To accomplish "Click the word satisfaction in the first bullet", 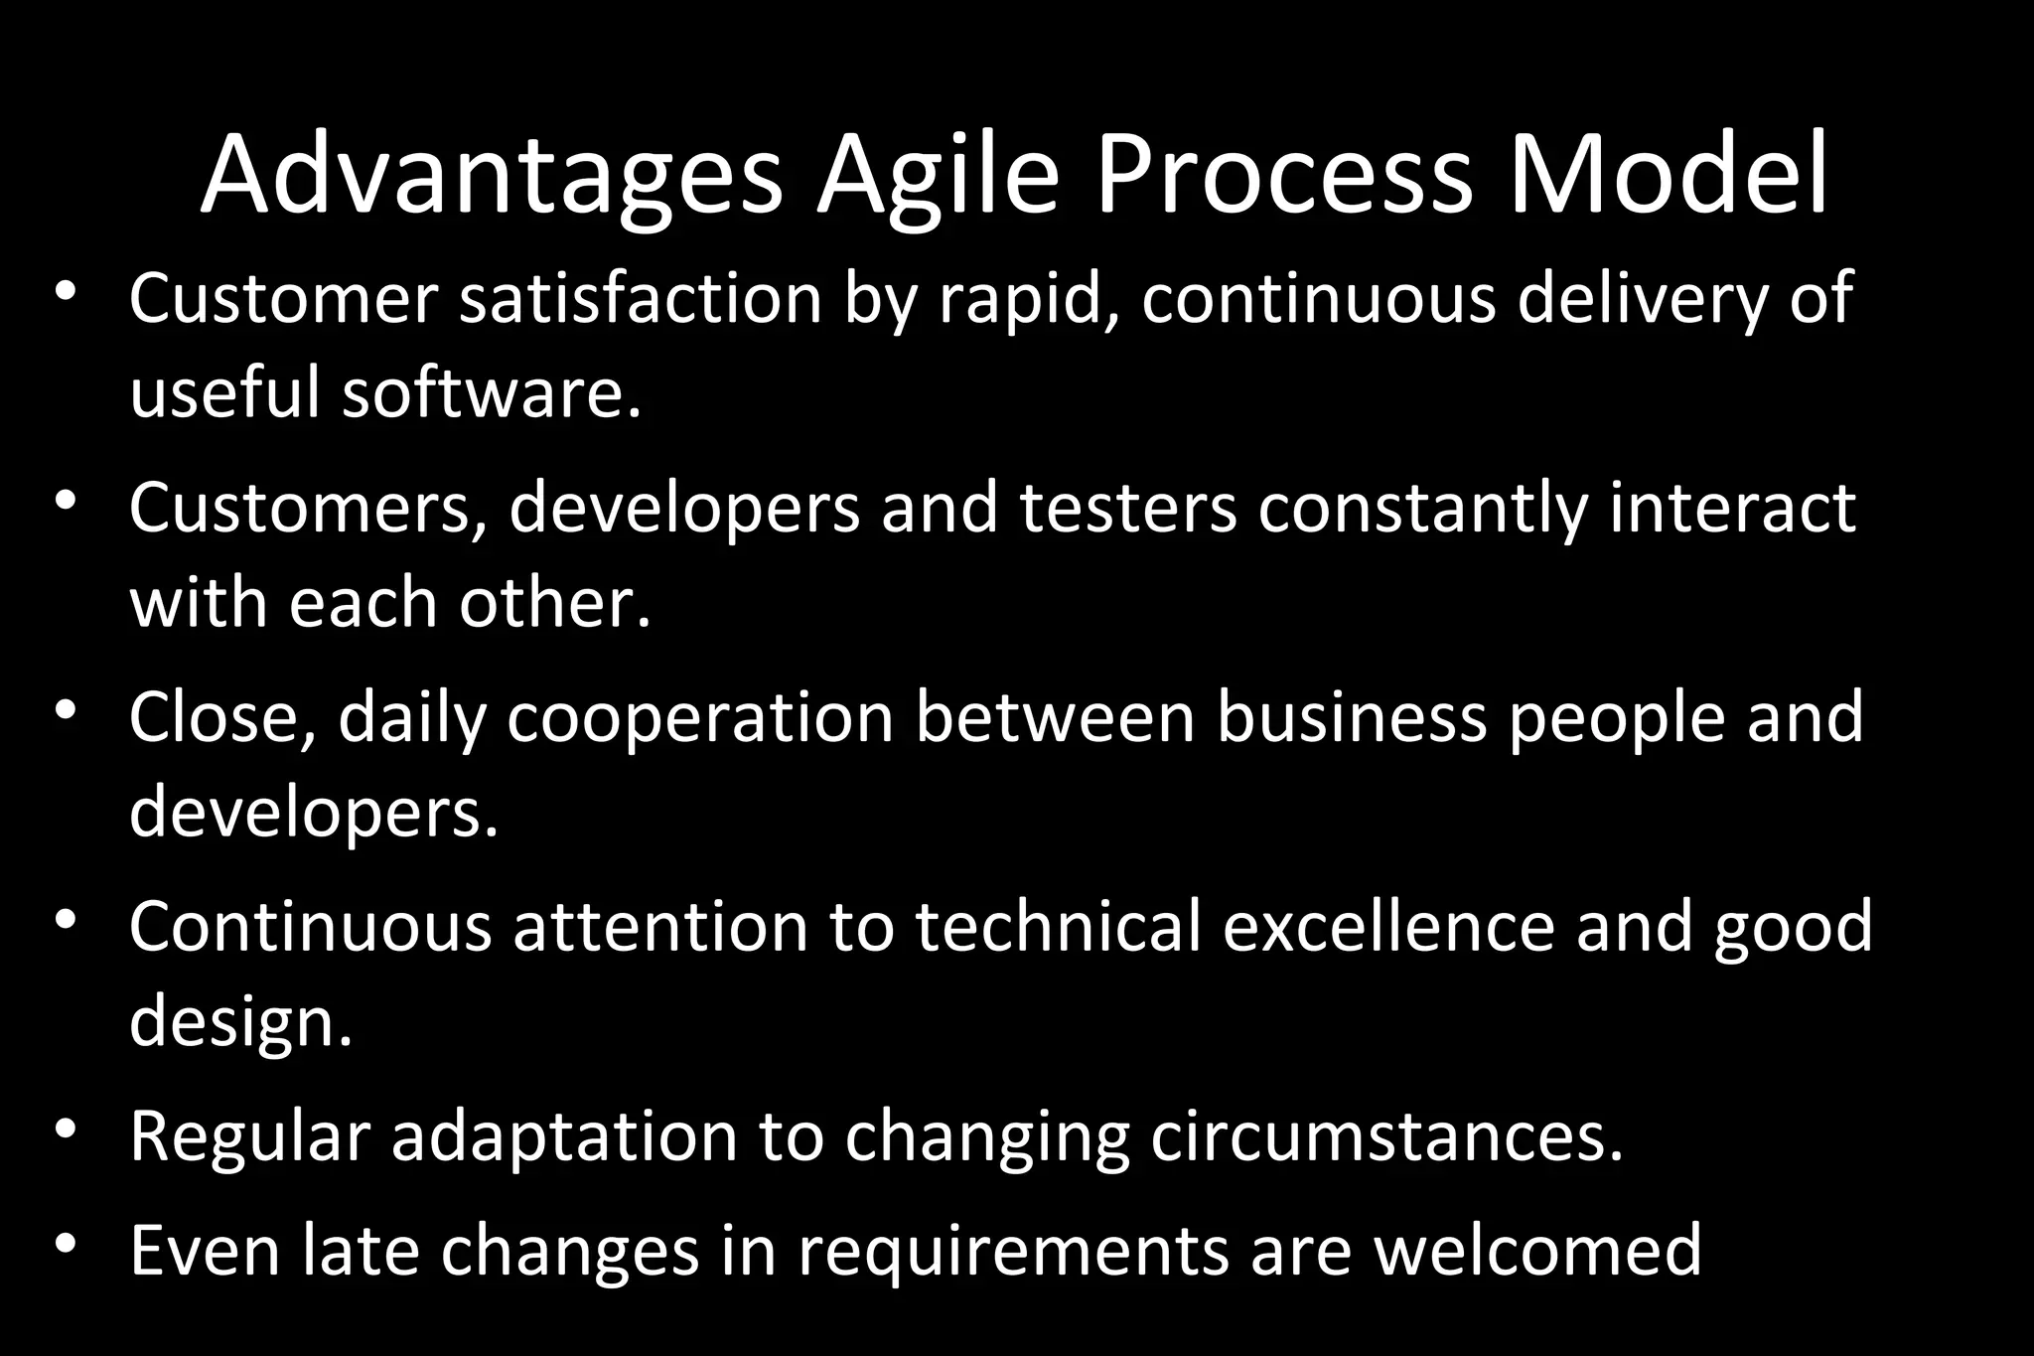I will [x=641, y=298].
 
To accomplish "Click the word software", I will [x=492, y=392].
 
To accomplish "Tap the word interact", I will [x=1732, y=508].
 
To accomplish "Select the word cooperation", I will [x=700, y=717].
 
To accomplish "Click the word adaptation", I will [x=564, y=1136].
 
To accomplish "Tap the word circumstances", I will [x=1386, y=1136].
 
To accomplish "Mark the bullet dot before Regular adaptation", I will [x=66, y=1130].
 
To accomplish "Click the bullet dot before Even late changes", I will [x=66, y=1244].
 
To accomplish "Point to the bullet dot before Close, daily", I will [x=66, y=710].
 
